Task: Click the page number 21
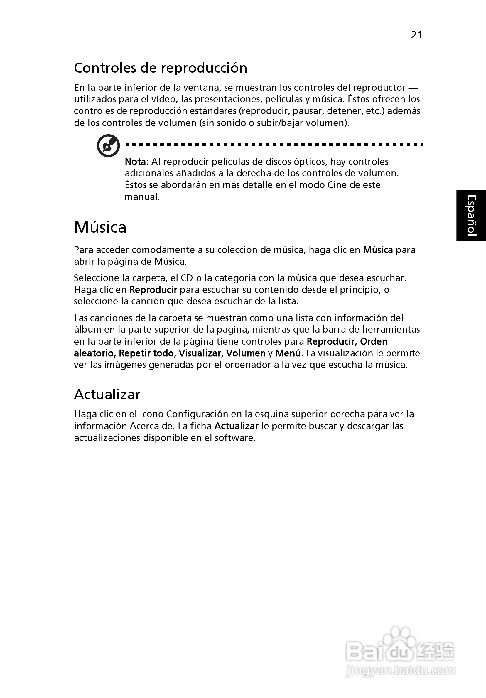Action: [x=416, y=35]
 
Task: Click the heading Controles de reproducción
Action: [x=160, y=68]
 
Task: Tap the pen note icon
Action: [x=108, y=146]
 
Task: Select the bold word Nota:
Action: [x=137, y=162]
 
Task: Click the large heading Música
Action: [x=100, y=227]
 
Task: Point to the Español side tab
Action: [x=471, y=216]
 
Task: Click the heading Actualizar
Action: [x=107, y=395]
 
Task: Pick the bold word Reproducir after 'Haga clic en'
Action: [x=153, y=290]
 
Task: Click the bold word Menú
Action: [x=288, y=353]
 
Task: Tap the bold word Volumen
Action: [x=246, y=353]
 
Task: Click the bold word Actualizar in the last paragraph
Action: [x=236, y=426]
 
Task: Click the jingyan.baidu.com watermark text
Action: [x=401, y=670]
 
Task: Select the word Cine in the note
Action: [x=336, y=185]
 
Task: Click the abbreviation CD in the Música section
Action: [x=187, y=278]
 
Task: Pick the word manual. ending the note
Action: [x=142, y=197]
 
